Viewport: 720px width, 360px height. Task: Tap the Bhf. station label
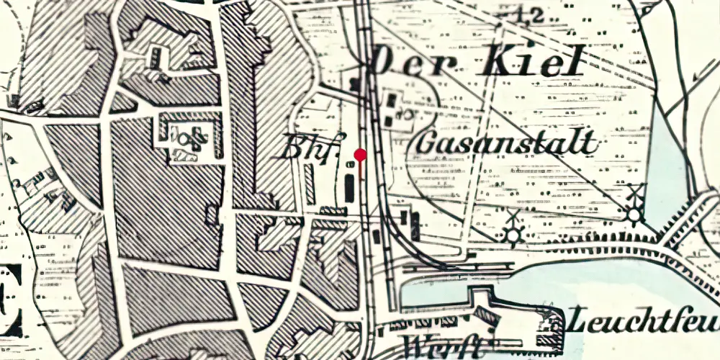pyautogui.click(x=312, y=145)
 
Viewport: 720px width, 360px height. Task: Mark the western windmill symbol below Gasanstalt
pyautogui.click(x=513, y=233)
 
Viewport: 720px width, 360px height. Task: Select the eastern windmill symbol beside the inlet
pyautogui.click(x=634, y=212)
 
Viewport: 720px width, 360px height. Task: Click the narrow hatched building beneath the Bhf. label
pyautogui.click(x=310, y=184)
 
